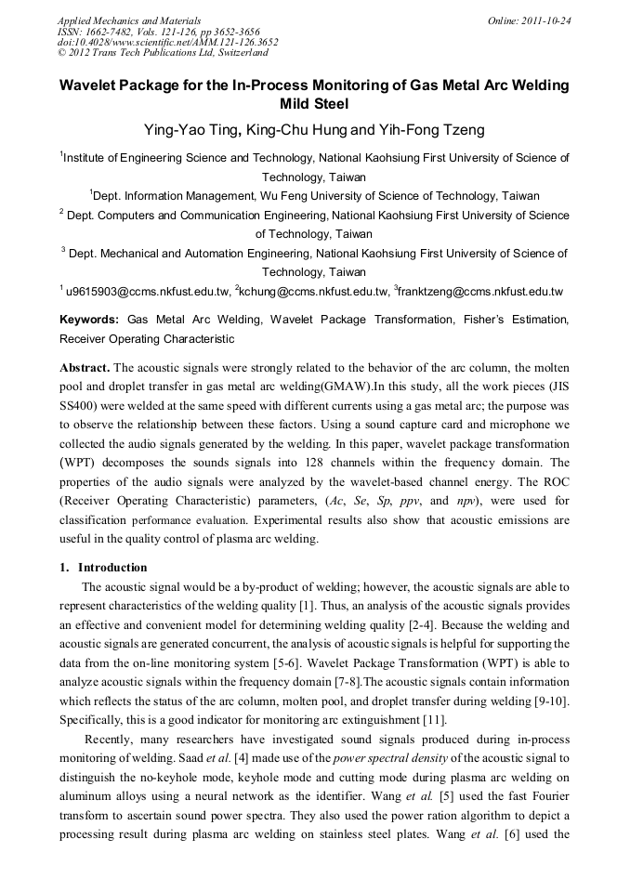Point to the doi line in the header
pos(167,42)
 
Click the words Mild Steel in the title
pos(314,104)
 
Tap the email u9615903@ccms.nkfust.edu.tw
pos(147,292)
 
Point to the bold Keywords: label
pos(89,320)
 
